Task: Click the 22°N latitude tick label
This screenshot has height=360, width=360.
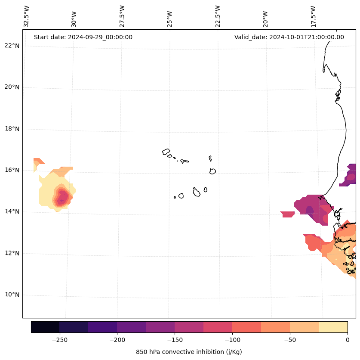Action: click(12, 46)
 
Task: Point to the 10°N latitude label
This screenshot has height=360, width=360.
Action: click(12, 295)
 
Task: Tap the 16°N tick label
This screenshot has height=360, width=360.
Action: click(12, 170)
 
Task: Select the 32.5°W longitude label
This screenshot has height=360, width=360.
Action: click(27, 16)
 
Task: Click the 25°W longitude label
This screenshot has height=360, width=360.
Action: click(170, 19)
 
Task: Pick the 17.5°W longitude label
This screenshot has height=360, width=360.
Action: click(314, 16)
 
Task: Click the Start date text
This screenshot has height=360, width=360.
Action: click(83, 37)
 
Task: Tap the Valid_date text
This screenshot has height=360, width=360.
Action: click(289, 37)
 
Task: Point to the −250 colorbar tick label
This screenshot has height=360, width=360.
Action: click(59, 340)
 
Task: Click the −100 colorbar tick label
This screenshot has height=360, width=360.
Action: click(232, 340)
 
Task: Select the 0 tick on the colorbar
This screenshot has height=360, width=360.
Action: click(347, 340)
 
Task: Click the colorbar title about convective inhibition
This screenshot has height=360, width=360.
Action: click(189, 352)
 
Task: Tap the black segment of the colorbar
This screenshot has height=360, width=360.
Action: click(45, 327)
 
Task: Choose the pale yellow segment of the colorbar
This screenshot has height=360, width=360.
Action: click(333, 327)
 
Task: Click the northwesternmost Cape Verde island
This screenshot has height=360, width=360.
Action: click(166, 152)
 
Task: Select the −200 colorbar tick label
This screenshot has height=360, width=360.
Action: click(117, 340)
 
